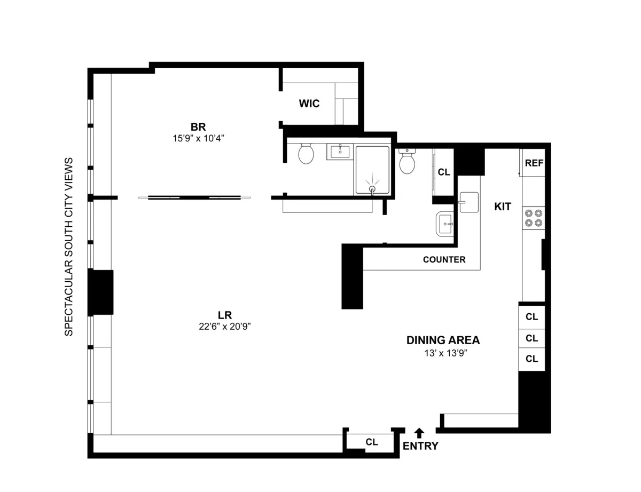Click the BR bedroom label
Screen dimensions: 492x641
click(x=198, y=126)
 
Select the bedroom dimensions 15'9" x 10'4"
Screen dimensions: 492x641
click(x=198, y=137)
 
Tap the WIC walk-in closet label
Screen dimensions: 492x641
click(x=309, y=104)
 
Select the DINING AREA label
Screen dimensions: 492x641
click(x=443, y=340)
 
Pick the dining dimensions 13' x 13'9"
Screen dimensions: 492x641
click(x=443, y=352)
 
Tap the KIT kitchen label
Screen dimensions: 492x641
click(x=503, y=207)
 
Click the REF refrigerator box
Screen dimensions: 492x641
click(x=534, y=163)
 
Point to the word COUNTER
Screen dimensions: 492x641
click(x=444, y=260)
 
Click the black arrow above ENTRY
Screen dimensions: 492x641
click(x=420, y=432)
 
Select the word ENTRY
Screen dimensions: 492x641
click(x=420, y=447)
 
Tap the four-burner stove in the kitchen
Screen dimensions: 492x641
click(x=533, y=218)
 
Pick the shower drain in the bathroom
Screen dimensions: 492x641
click(x=372, y=188)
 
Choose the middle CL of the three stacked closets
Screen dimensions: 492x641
click(x=531, y=338)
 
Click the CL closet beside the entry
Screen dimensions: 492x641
click(x=372, y=442)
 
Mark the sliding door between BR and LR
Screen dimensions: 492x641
click(x=194, y=197)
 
